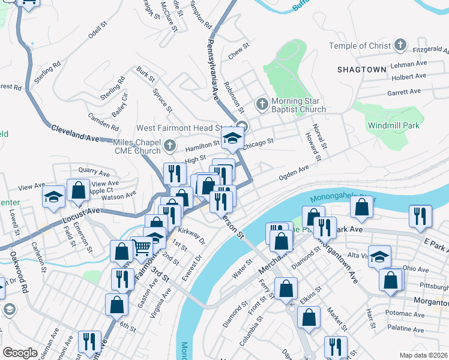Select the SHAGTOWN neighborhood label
pyautogui.click(x=361, y=70)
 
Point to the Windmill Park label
pyautogui.click(x=394, y=125)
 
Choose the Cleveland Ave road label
pyautogui.click(x=74, y=133)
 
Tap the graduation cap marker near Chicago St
pyautogui.click(x=232, y=139)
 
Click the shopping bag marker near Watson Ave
pyautogui.click(x=78, y=191)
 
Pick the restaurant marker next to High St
pyautogui.click(x=175, y=173)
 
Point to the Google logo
pyautogui.click(x=20, y=353)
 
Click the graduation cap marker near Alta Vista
pyautogui.click(x=379, y=257)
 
